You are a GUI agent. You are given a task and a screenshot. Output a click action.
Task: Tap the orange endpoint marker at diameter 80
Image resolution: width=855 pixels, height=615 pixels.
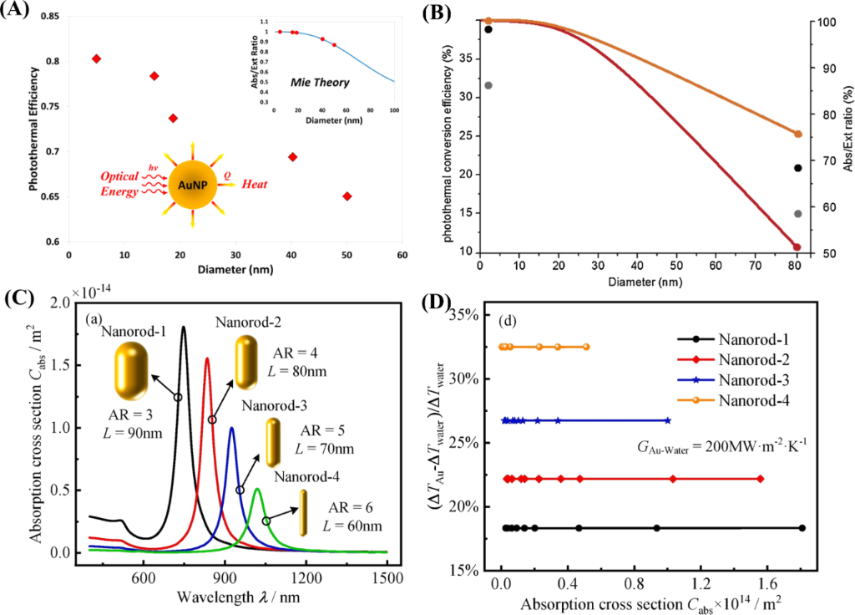[797, 134]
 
